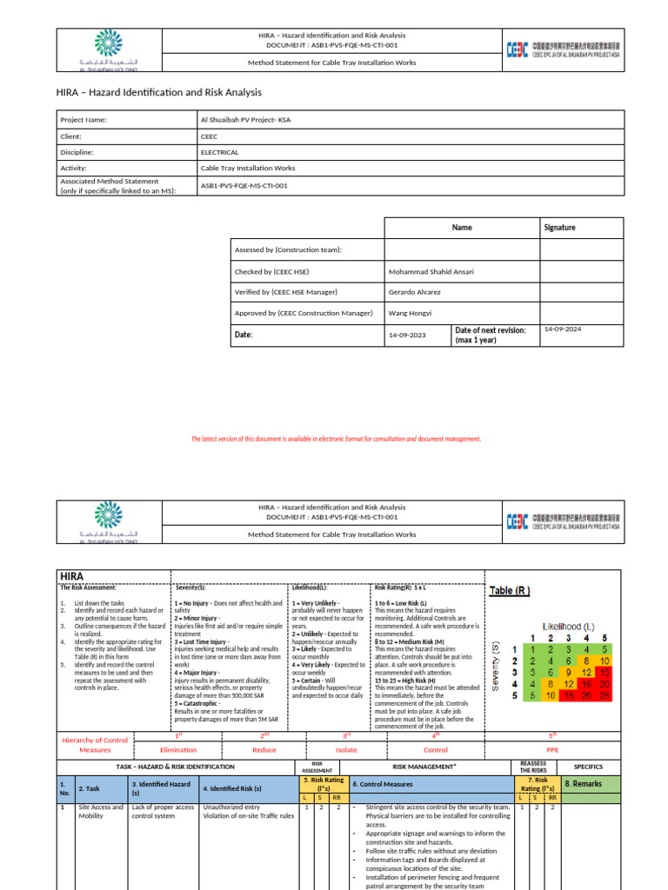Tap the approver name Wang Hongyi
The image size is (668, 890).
point(410,313)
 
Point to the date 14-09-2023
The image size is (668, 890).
point(405,335)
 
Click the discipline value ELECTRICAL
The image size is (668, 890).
point(219,152)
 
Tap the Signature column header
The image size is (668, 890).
point(560,228)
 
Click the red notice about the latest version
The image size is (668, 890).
point(336,439)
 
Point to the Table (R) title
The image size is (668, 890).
point(510,591)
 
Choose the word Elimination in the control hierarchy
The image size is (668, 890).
point(178,749)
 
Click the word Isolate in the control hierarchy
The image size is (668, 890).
point(347,749)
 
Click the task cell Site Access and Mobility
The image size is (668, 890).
point(102,812)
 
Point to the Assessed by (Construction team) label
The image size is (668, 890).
point(288,249)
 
